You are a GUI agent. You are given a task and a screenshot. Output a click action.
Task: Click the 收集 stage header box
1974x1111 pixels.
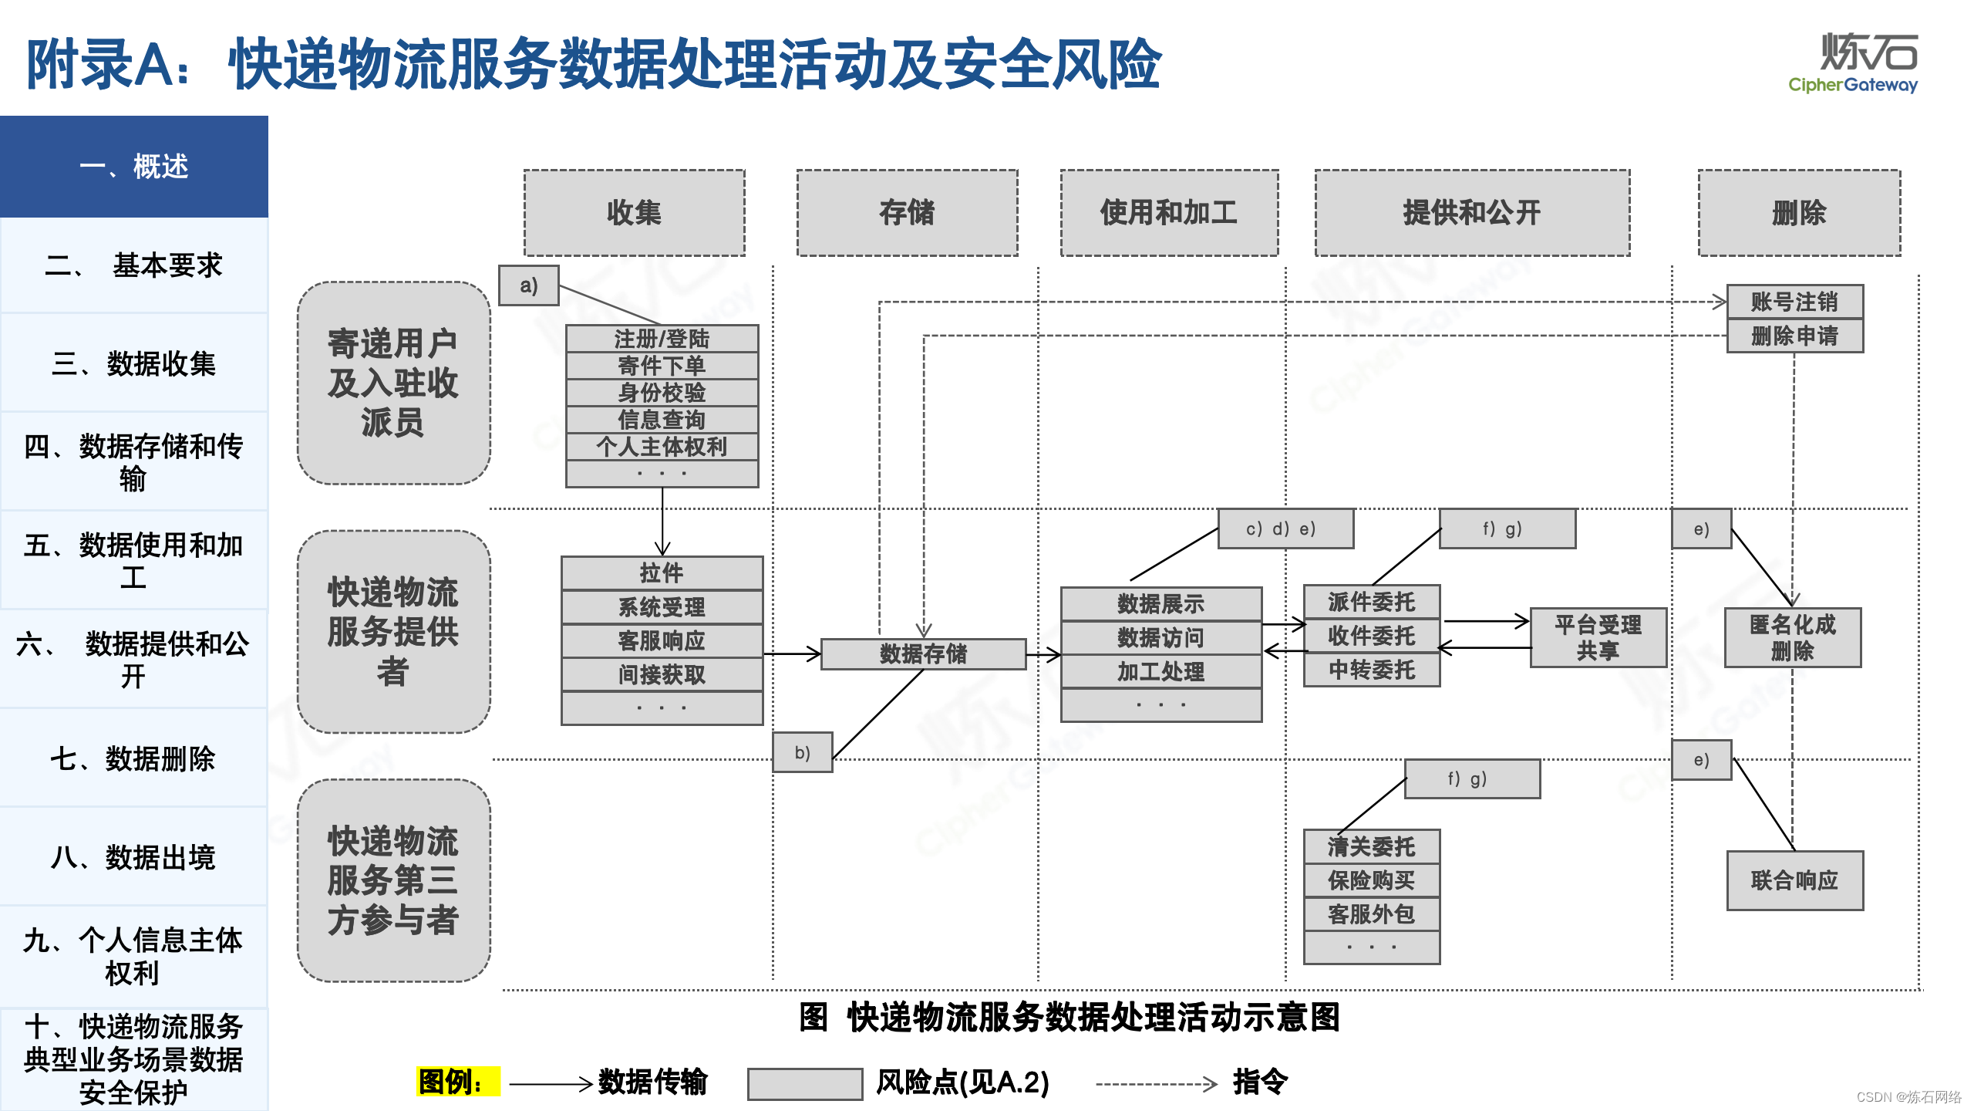[634, 213]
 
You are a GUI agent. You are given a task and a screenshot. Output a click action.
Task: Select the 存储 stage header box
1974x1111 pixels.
[907, 213]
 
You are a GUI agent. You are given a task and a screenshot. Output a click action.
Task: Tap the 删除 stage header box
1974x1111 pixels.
[1798, 213]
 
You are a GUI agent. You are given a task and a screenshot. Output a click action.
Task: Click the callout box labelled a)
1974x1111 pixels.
[528, 285]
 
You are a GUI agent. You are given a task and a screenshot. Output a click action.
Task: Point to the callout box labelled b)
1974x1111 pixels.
[802, 752]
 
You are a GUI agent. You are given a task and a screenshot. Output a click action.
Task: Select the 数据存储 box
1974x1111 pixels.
[923, 654]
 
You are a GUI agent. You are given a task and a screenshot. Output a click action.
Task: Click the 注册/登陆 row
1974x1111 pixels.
[662, 339]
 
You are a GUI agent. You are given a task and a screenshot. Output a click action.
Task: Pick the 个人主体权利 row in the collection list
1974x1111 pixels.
[662, 447]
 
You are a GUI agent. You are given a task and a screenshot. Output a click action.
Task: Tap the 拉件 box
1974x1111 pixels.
[662, 573]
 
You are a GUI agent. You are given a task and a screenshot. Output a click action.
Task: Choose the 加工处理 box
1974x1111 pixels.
[1160, 672]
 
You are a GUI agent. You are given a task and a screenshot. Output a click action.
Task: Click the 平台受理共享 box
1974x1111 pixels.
[1598, 637]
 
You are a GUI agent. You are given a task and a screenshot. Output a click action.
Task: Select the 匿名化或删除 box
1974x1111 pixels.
[1792, 637]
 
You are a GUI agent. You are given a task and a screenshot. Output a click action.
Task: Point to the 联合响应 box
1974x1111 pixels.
[1794, 880]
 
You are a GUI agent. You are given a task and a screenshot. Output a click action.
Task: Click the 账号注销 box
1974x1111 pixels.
[1794, 302]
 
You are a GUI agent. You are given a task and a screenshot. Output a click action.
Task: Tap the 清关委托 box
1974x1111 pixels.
[1371, 847]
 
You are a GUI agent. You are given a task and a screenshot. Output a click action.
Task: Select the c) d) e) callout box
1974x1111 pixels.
[1285, 528]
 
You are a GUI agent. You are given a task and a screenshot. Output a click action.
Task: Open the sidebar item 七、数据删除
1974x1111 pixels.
[133, 758]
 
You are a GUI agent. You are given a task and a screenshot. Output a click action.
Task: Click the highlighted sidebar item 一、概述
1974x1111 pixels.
[133, 167]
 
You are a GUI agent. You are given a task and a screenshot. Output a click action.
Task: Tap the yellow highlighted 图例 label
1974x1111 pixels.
[457, 1082]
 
